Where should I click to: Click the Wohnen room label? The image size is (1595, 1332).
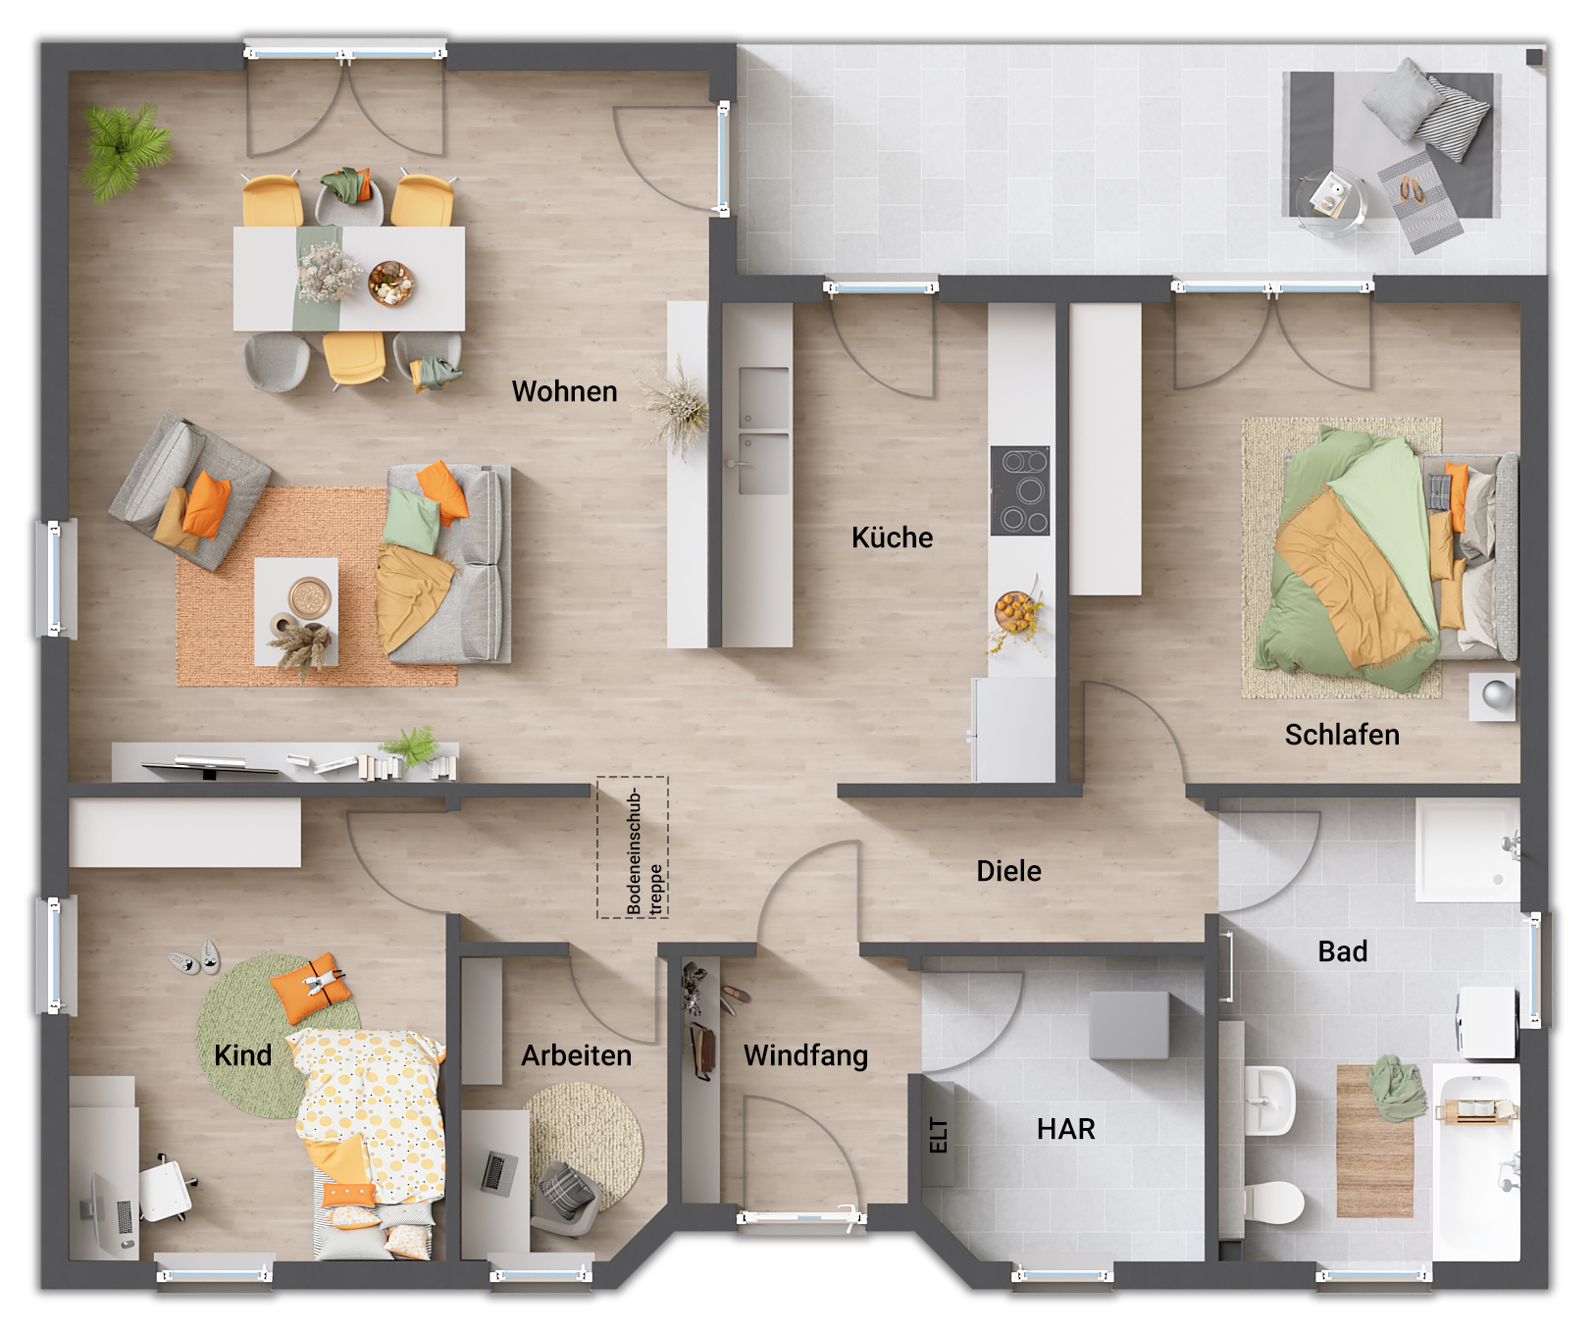click(564, 391)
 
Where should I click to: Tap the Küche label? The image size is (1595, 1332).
click(892, 538)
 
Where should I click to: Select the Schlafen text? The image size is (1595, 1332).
click(1341, 735)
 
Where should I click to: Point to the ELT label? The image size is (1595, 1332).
click(939, 1135)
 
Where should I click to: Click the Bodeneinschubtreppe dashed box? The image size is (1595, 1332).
click(633, 847)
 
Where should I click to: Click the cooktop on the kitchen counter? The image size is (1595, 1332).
click(1019, 490)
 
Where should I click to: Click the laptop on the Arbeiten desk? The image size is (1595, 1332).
click(498, 1172)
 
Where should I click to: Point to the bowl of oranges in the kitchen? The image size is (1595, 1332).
click(1014, 613)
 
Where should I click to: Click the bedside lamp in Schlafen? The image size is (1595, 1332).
click(1496, 695)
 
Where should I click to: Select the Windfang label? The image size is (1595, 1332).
click(805, 1055)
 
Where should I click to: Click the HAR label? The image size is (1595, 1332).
click(1065, 1129)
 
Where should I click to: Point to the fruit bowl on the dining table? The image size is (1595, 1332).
click(390, 282)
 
